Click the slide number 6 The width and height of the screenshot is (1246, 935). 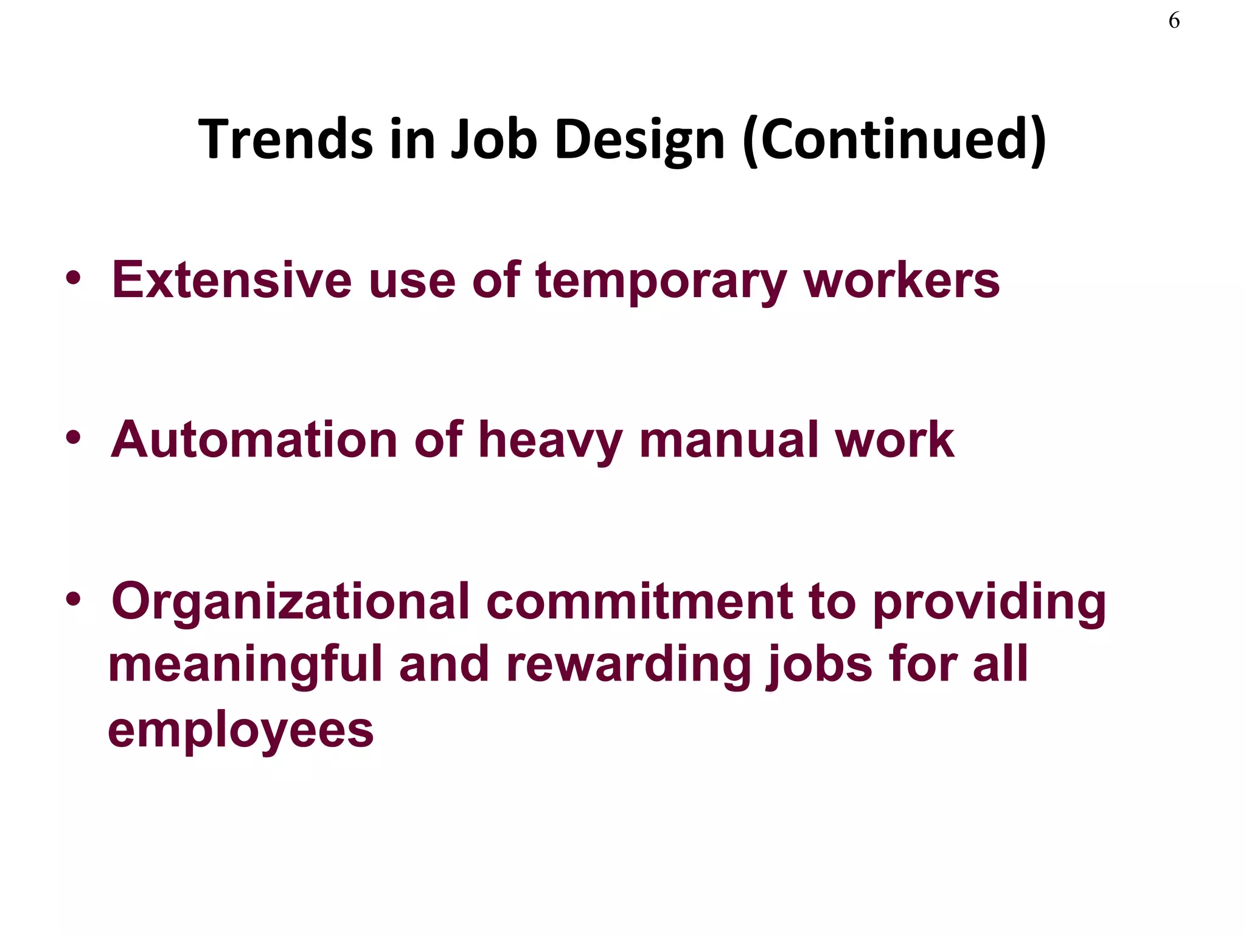(1174, 21)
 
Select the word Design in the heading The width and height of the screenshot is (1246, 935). (639, 139)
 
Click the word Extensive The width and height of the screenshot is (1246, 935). (232, 280)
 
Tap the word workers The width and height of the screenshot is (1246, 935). (902, 280)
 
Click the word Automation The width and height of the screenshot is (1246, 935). (254, 439)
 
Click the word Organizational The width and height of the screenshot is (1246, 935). (291, 601)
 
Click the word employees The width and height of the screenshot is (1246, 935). (241, 731)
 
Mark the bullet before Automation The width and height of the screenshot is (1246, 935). (74, 438)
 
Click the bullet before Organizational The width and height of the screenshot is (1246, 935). (74, 600)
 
